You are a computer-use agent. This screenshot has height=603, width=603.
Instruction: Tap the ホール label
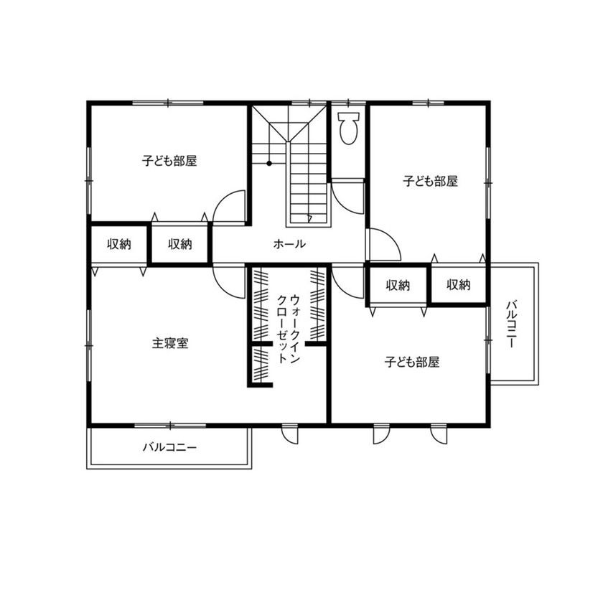(290, 244)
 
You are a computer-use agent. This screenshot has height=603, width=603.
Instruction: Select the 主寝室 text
(170, 343)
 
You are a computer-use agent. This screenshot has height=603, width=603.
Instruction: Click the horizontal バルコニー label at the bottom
(169, 447)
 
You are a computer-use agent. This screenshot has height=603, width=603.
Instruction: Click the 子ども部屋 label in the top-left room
(169, 161)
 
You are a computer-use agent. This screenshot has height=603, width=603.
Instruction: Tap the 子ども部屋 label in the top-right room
(430, 182)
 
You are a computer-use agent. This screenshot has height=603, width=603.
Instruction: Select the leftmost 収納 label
(119, 244)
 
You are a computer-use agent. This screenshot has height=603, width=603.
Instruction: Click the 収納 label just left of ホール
(180, 244)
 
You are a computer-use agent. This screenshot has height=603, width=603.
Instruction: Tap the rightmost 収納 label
(458, 285)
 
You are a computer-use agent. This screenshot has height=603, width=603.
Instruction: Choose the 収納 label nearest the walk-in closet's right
(397, 285)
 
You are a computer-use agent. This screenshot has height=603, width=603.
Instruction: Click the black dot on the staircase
(269, 163)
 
